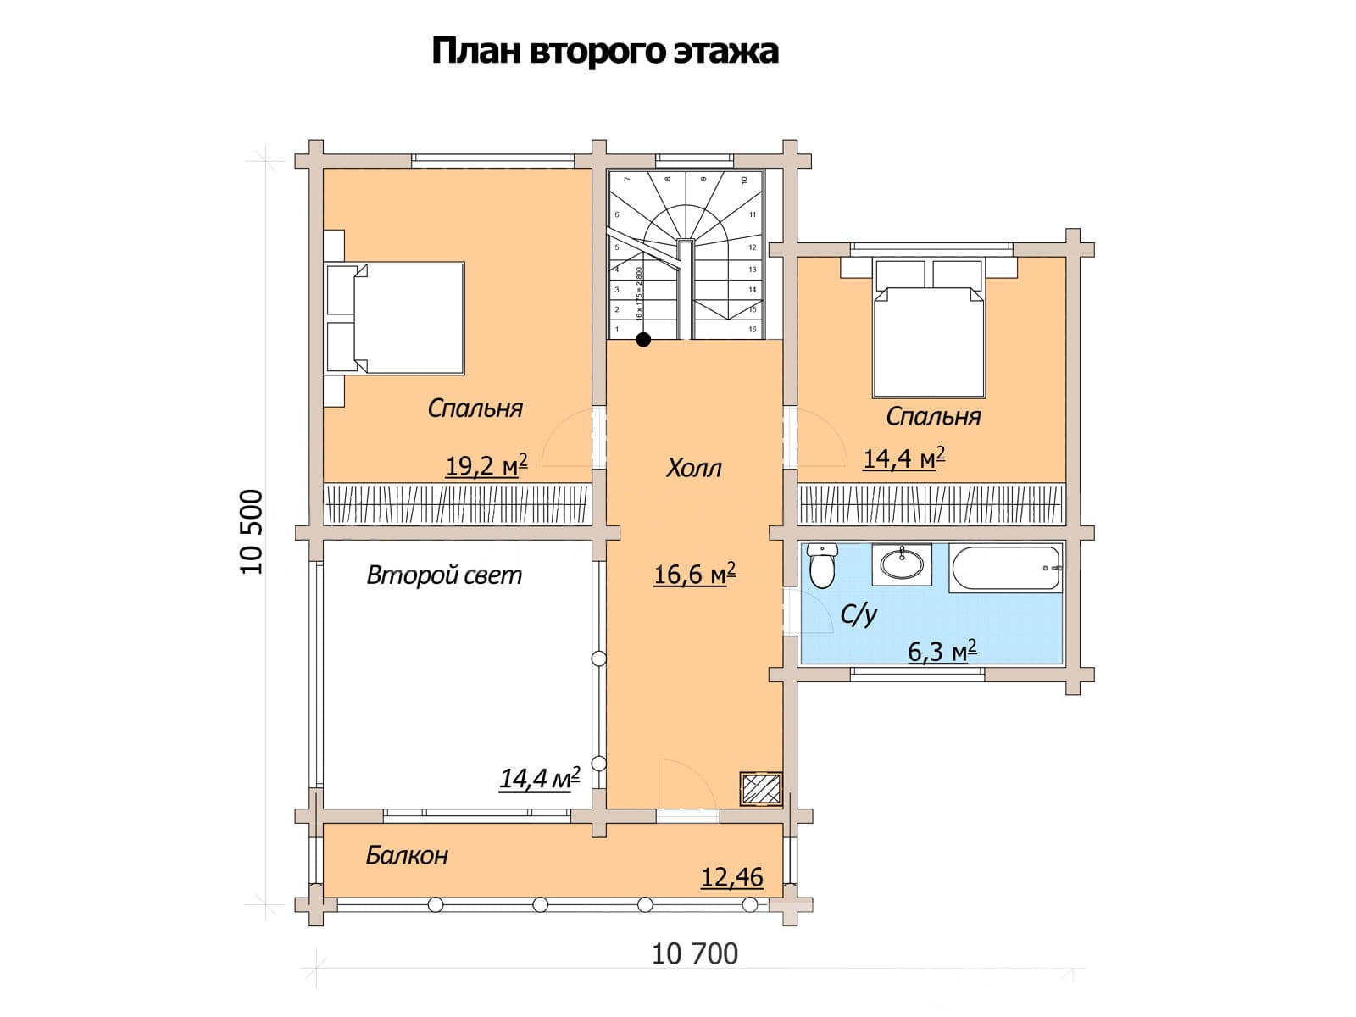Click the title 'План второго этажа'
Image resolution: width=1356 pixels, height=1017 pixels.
tap(604, 51)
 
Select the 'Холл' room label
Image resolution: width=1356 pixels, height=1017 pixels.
tap(693, 468)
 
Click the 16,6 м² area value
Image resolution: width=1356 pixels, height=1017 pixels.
tap(694, 575)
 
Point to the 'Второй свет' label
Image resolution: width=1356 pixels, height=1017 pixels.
tap(444, 575)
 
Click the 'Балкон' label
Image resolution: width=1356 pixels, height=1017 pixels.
tap(407, 855)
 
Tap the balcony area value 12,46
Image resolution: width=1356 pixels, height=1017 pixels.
tap(731, 877)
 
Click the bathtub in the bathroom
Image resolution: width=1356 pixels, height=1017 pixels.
tap(1005, 567)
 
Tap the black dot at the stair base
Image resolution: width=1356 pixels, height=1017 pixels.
tap(643, 340)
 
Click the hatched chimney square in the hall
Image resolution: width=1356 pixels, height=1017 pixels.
tap(760, 789)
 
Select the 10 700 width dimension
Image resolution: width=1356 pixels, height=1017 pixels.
tap(695, 954)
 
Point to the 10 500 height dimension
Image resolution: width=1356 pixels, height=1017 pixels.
tap(252, 531)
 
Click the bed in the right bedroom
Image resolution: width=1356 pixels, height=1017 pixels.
tap(931, 339)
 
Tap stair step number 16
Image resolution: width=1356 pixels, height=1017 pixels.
tap(753, 329)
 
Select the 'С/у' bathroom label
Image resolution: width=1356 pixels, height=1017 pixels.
tap(858, 614)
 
